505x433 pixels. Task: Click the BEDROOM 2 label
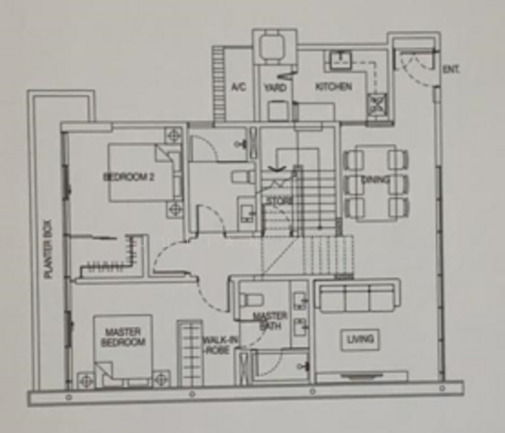[x=129, y=177]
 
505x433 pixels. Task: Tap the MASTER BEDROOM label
[x=122, y=337]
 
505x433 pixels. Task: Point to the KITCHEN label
[x=334, y=87]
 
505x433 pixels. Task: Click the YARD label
[x=275, y=87]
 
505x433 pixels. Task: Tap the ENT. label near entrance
[x=451, y=69]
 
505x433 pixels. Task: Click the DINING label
[x=376, y=179]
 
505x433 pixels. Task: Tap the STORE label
[x=278, y=200]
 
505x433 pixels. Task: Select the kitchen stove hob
[x=377, y=105]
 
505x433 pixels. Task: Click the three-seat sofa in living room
[x=356, y=297]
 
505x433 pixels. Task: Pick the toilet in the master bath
[x=253, y=299]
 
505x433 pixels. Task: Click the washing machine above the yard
[x=274, y=45]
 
